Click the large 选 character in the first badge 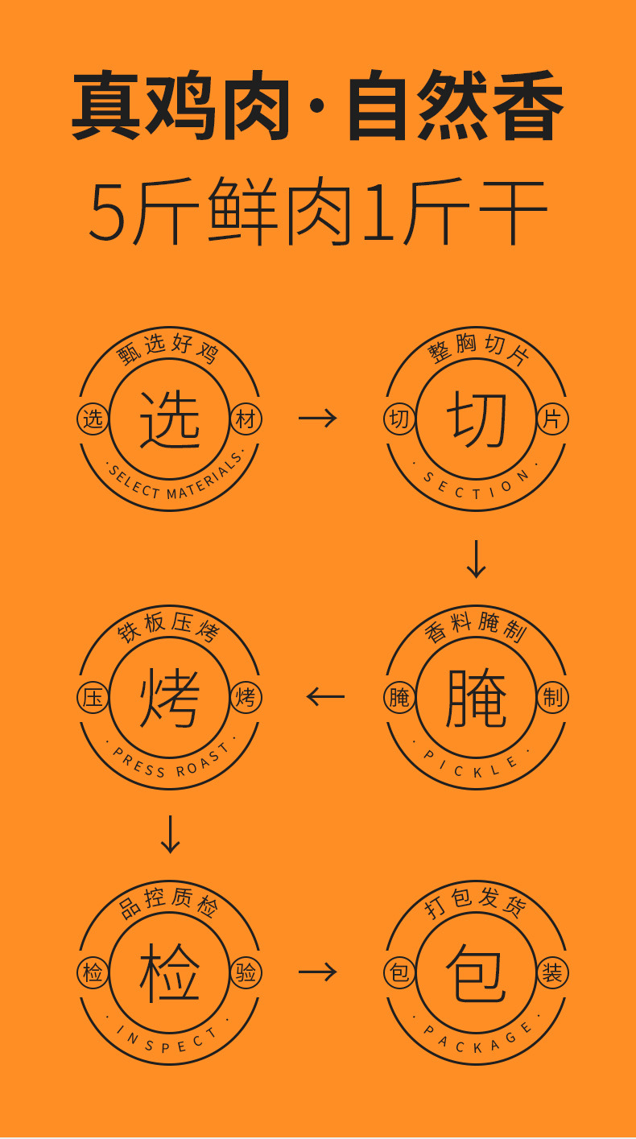pyautogui.click(x=170, y=419)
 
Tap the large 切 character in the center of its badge pyautogui.click(x=477, y=419)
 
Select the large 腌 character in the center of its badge pyautogui.click(x=477, y=697)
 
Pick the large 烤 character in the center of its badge pyautogui.click(x=170, y=697)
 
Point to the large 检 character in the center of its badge pyautogui.click(x=170, y=972)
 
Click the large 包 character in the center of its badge pyautogui.click(x=477, y=972)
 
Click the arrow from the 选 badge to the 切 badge pyautogui.click(x=317, y=417)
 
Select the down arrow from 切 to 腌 pyautogui.click(x=477, y=559)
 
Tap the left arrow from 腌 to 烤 pyautogui.click(x=325, y=696)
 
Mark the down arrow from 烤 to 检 pyautogui.click(x=170, y=834)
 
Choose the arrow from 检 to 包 pyautogui.click(x=317, y=972)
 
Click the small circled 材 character pyautogui.click(x=246, y=419)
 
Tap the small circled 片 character pyautogui.click(x=552, y=419)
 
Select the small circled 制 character pyautogui.click(x=552, y=698)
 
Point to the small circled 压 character pyautogui.click(x=93, y=698)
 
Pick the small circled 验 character pyautogui.click(x=246, y=973)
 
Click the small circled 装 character pyautogui.click(x=552, y=973)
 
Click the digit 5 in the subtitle pyautogui.click(x=107, y=213)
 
